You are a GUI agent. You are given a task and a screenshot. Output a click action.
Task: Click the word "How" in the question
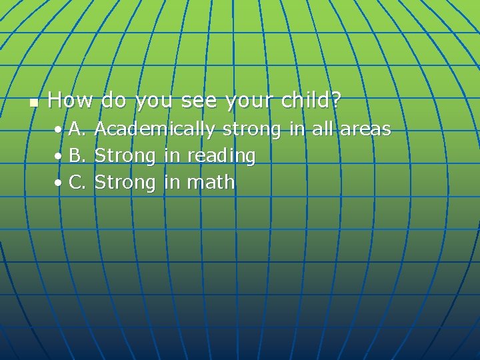click(x=71, y=101)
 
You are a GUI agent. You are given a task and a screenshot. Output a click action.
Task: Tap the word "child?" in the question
click(x=311, y=101)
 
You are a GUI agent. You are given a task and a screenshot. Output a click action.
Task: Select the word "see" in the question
click(x=198, y=101)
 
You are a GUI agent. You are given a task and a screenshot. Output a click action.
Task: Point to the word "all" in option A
click(x=322, y=129)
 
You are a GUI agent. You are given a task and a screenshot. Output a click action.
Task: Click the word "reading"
click(x=221, y=156)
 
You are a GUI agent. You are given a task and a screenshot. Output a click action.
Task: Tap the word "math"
click(x=211, y=181)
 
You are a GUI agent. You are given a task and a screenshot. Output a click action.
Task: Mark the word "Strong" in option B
click(x=125, y=156)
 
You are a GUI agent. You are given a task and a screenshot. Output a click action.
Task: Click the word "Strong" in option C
click(x=125, y=182)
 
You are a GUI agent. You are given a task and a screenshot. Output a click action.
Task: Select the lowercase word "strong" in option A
click(x=251, y=129)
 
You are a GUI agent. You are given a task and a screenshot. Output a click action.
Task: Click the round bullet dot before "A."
click(x=59, y=129)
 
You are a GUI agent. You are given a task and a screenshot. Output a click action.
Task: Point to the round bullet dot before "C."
click(x=59, y=182)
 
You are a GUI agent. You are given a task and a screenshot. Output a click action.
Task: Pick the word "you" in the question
click(x=153, y=101)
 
